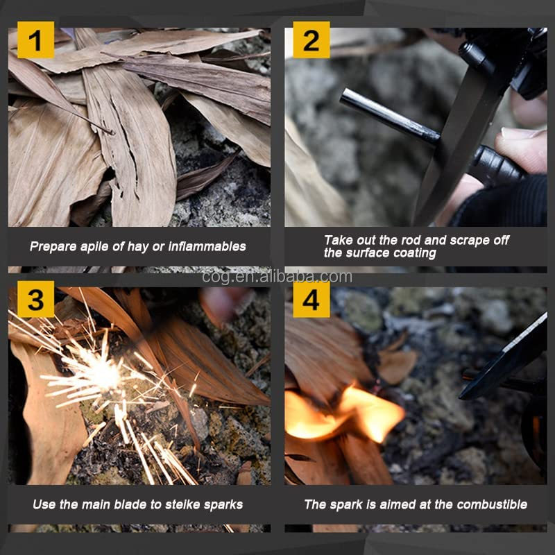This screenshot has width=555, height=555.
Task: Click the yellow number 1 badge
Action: click(x=36, y=40)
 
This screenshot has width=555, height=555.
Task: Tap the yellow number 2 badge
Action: click(x=311, y=40)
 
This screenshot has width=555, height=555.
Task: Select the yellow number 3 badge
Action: click(x=36, y=299)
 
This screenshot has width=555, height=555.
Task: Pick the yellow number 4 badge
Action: click(x=311, y=299)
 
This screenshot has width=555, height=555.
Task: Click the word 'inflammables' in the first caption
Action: click(x=207, y=246)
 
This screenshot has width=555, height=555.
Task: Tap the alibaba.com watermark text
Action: click(x=277, y=277)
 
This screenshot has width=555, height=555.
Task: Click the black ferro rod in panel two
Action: click(x=390, y=116)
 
